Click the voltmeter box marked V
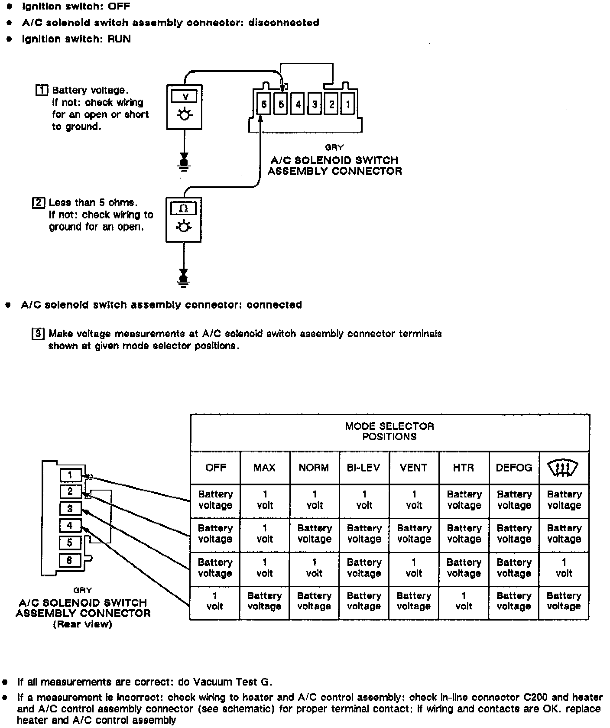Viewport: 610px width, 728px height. (184, 107)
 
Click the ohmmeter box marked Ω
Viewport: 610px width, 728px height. (183, 219)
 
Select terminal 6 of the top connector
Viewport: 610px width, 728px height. (263, 104)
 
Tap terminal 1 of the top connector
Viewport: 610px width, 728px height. (347, 104)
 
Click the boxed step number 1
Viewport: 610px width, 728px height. (42, 90)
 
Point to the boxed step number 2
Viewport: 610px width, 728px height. (39, 202)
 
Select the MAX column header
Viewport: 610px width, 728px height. (264, 468)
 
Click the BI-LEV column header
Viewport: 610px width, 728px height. (364, 468)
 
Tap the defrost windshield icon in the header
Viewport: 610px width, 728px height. (563, 468)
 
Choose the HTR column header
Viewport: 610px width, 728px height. (464, 468)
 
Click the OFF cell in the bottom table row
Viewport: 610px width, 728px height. (215, 601)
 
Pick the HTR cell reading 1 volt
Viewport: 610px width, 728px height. (464, 601)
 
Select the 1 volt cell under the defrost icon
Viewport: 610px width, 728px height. (564, 568)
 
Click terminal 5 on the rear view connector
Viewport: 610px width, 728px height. (70, 543)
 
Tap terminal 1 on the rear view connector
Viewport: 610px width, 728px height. (70, 475)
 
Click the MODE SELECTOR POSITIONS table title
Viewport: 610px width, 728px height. (389, 432)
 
